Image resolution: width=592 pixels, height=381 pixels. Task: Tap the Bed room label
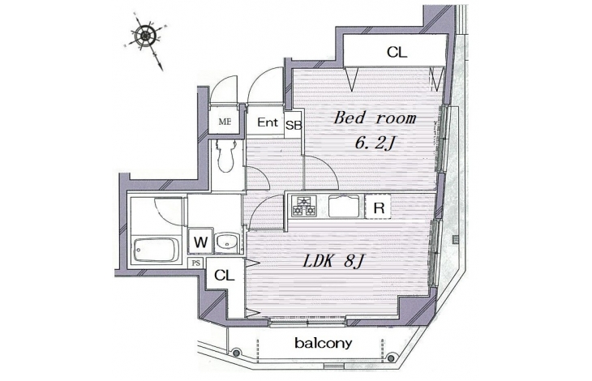(x=375, y=118)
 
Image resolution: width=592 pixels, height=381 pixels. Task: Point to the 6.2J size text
(x=375, y=143)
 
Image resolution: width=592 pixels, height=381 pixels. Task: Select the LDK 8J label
(x=332, y=261)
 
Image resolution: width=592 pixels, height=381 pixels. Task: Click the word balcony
(x=324, y=343)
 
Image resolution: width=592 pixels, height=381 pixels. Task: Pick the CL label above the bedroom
(x=397, y=52)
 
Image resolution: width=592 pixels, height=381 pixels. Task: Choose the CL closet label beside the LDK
(x=225, y=276)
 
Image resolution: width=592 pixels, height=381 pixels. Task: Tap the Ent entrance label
(x=268, y=122)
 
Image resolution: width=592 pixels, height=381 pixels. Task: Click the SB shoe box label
(x=294, y=125)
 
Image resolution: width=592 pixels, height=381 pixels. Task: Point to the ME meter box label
(x=225, y=122)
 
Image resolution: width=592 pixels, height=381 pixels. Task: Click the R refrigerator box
(x=378, y=208)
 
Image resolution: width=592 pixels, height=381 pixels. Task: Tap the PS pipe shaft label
(x=196, y=263)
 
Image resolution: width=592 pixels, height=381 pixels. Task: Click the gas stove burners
(x=303, y=206)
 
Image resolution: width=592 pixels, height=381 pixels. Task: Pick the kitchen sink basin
(x=344, y=206)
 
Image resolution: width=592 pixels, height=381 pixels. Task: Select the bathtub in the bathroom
(x=156, y=250)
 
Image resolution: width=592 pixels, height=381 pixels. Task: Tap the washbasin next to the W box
(x=226, y=242)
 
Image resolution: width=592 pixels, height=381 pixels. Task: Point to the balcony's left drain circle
(x=236, y=353)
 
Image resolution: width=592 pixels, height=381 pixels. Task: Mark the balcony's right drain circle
(x=391, y=357)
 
